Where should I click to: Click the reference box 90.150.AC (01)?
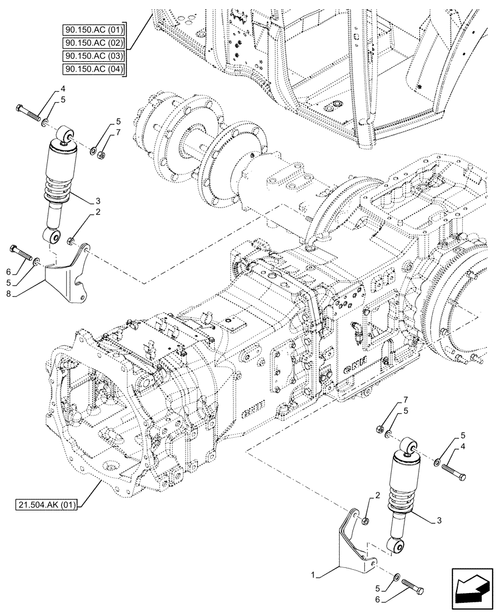pos(93,29)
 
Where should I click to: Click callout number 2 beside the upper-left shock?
pos(97,212)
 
